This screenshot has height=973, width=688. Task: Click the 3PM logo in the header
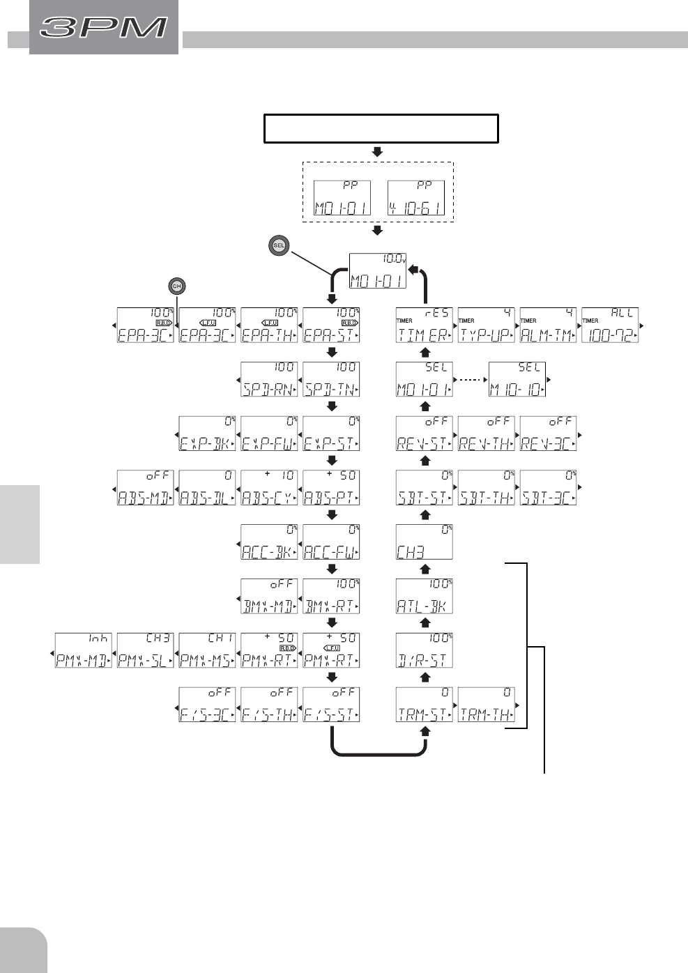[x=104, y=27]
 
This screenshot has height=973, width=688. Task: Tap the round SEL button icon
[x=279, y=245]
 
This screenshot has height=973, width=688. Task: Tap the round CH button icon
[x=177, y=286]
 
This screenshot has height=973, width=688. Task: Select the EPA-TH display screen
[x=269, y=325]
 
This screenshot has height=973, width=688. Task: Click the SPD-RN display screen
[x=269, y=380]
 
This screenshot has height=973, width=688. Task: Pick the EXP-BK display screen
[x=207, y=434]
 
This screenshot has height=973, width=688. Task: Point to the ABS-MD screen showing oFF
[x=145, y=488]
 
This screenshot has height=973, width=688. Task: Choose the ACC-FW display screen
[x=331, y=542]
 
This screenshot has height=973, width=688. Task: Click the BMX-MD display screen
[x=269, y=596]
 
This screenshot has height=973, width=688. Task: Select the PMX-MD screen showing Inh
[x=84, y=650]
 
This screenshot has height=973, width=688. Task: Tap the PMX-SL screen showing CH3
[x=145, y=650]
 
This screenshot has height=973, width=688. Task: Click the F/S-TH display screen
[x=269, y=705]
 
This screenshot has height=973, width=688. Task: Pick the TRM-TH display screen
[x=487, y=705]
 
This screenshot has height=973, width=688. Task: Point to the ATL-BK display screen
[x=425, y=596]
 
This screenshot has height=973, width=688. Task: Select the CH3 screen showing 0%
[x=425, y=542]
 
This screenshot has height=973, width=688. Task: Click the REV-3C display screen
[x=549, y=434]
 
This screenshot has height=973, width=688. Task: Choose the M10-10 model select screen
[x=517, y=380]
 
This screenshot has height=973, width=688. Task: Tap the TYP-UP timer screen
[x=487, y=325]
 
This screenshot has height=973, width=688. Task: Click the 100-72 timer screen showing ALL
[x=610, y=325]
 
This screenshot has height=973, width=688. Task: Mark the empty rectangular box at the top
[x=381, y=129]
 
